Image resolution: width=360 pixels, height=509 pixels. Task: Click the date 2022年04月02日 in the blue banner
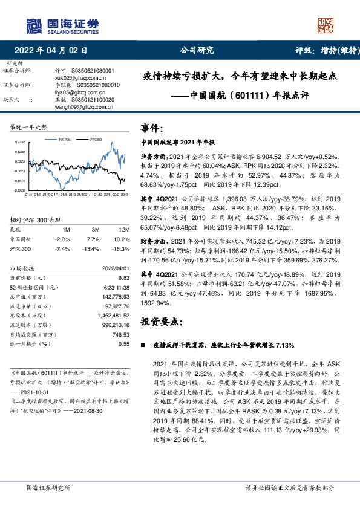pos(55,51)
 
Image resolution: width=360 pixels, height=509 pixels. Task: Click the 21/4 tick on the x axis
pos(28,195)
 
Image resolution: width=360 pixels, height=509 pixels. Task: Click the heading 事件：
pos(152,129)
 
